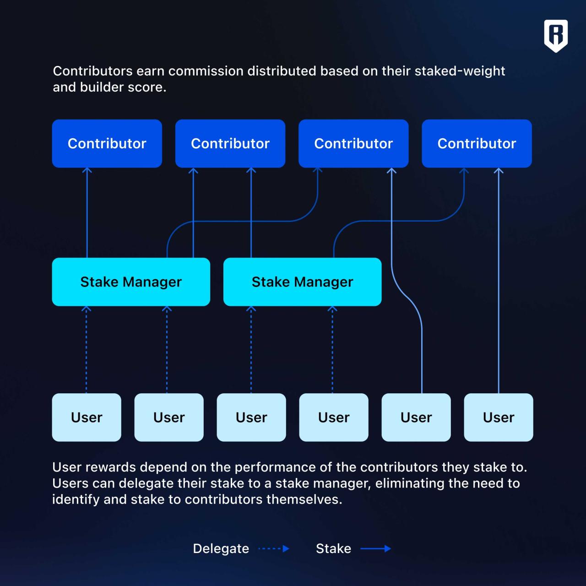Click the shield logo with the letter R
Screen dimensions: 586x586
point(556,35)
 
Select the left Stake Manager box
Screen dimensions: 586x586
point(131,282)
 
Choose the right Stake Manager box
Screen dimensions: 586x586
point(302,282)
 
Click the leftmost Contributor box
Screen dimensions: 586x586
point(107,143)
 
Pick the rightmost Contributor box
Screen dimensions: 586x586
point(477,143)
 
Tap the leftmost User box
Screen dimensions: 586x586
point(87,417)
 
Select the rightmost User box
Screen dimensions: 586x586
point(499,417)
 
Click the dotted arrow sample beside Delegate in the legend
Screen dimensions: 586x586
point(274,548)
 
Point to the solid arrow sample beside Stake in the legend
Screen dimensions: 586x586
point(375,548)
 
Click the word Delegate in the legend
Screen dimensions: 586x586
point(221,548)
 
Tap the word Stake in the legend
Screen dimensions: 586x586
point(333,548)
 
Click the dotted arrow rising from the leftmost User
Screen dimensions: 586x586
point(87,350)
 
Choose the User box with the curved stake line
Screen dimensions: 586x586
point(416,417)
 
